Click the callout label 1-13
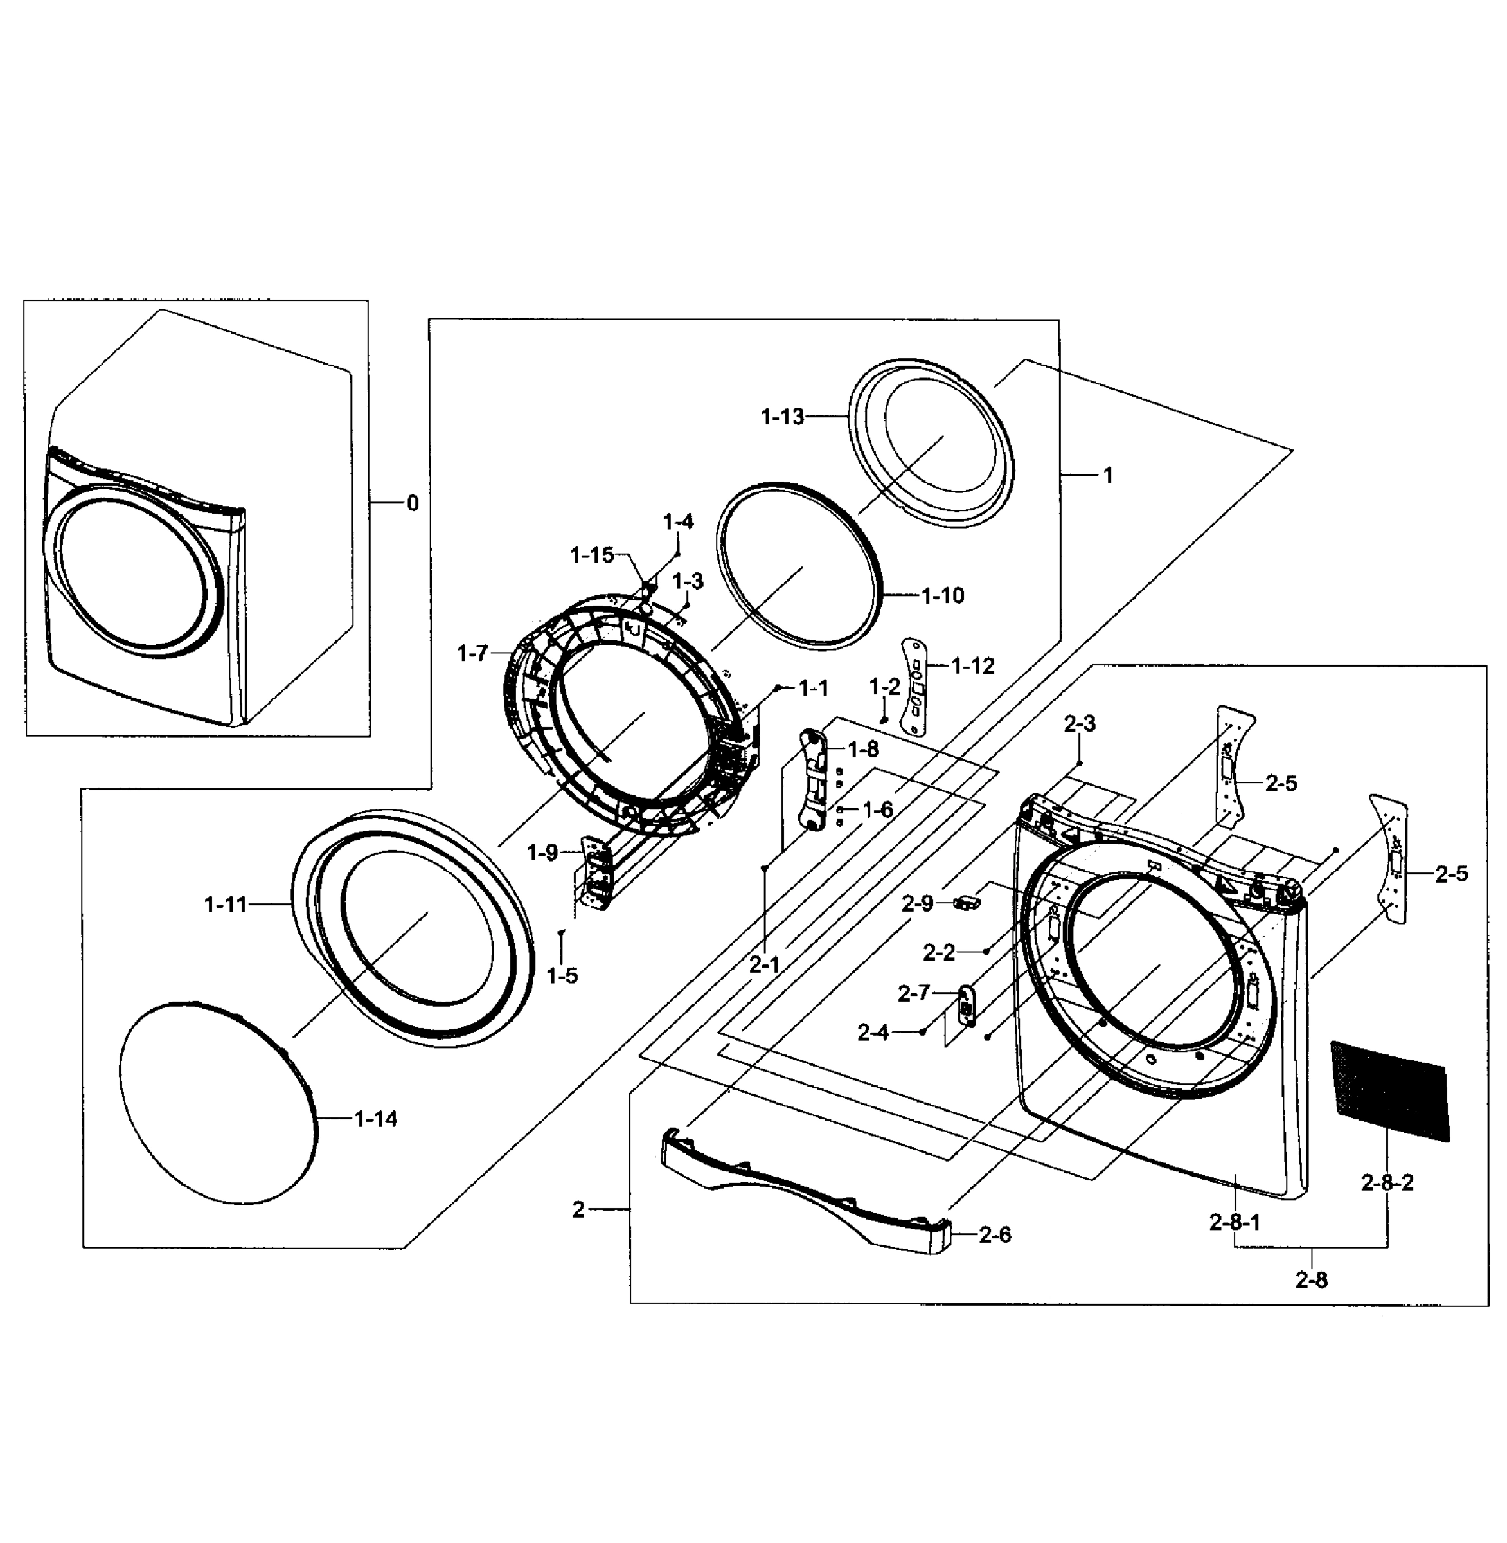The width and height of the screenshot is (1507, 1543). tap(782, 417)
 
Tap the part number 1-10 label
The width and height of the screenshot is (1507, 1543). tap(943, 595)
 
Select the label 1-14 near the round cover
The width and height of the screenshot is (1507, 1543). tap(375, 1119)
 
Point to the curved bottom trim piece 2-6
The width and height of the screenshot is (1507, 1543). tap(799, 1187)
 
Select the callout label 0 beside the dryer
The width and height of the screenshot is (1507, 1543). tap(413, 503)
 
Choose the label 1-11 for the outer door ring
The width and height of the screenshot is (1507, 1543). tap(226, 904)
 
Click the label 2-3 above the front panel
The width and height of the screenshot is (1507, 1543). tap(1080, 724)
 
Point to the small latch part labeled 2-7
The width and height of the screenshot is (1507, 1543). tap(967, 1004)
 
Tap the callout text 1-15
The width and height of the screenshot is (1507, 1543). tap(592, 555)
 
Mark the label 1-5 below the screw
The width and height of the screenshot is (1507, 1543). tap(562, 975)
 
